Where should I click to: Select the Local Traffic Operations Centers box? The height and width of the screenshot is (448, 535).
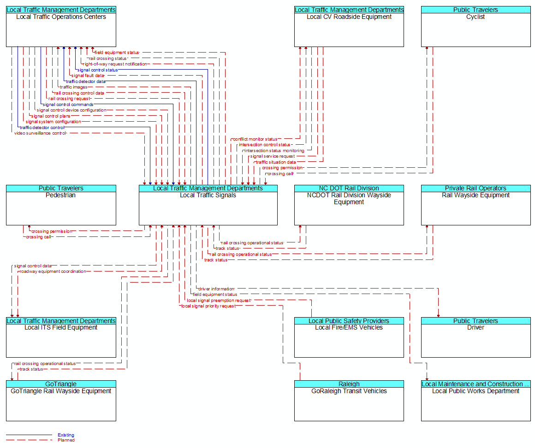click(x=61, y=30)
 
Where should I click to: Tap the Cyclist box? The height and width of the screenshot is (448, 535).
click(x=476, y=30)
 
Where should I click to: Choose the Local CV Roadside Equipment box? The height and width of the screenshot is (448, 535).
click(x=349, y=30)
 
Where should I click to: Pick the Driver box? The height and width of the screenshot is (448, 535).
click(x=476, y=340)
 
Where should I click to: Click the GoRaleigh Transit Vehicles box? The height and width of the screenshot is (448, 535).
click(x=349, y=404)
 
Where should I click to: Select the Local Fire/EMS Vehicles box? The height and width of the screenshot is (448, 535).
click(x=349, y=340)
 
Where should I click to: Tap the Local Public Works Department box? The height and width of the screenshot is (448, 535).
click(x=476, y=404)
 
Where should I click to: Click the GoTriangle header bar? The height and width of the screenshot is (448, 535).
click(x=61, y=384)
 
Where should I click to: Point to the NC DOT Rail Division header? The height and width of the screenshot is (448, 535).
click(x=349, y=188)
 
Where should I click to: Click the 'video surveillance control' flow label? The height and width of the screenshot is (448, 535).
click(x=41, y=133)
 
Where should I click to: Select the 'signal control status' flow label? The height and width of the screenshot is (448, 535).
click(x=97, y=70)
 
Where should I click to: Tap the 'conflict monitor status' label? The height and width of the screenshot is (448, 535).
click(x=255, y=139)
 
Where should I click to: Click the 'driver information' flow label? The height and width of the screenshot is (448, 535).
click(x=216, y=289)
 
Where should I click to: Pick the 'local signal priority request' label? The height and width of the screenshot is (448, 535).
click(x=208, y=306)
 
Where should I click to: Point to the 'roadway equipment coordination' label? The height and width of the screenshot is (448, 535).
click(x=53, y=271)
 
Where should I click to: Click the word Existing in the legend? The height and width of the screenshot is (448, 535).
click(x=66, y=435)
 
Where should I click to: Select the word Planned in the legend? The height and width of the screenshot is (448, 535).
click(x=66, y=440)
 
